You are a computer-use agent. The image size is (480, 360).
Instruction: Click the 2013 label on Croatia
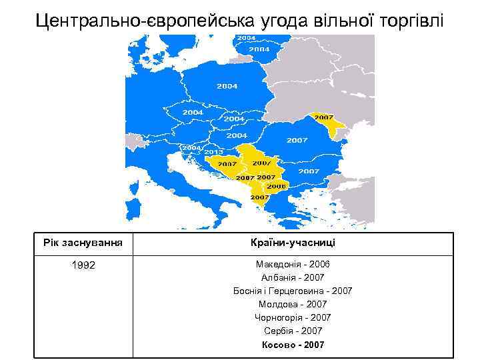[213, 152]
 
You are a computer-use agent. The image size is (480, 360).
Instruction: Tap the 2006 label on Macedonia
[277, 186]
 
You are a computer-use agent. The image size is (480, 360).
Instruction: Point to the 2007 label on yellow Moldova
[324, 117]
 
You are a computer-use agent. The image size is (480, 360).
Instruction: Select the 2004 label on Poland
[227, 86]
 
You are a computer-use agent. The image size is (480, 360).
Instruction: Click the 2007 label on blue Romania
[297, 141]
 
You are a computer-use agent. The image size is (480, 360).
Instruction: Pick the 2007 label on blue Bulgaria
[309, 171]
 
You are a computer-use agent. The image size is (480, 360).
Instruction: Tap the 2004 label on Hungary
[236, 135]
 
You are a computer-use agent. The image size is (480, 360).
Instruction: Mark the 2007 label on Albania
[259, 197]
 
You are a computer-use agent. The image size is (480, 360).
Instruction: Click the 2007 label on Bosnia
[227, 163]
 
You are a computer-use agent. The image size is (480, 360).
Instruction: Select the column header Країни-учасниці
[293, 243]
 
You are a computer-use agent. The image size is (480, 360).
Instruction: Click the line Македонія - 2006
[293, 265]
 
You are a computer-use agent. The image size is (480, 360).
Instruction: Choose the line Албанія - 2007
[293, 278]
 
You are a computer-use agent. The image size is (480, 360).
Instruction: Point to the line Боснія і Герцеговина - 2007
[293, 291]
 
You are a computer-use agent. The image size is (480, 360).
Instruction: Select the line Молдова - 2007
[293, 305]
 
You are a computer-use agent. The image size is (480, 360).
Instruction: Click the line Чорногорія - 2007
[293, 318]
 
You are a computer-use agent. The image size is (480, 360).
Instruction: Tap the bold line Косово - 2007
[293, 345]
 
